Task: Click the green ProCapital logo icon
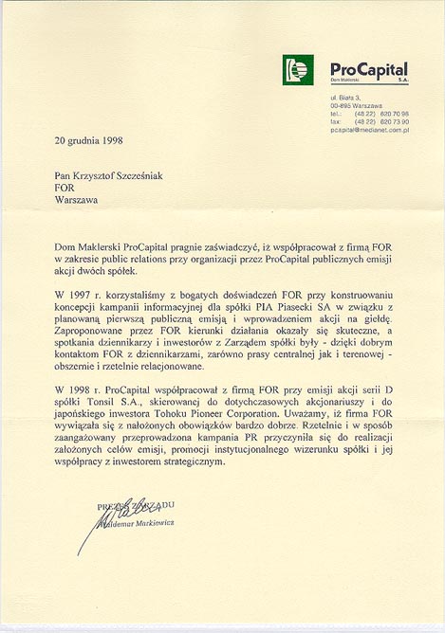tap(297, 68)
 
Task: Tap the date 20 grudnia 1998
tap(90, 140)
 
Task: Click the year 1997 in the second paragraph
tap(86, 296)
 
